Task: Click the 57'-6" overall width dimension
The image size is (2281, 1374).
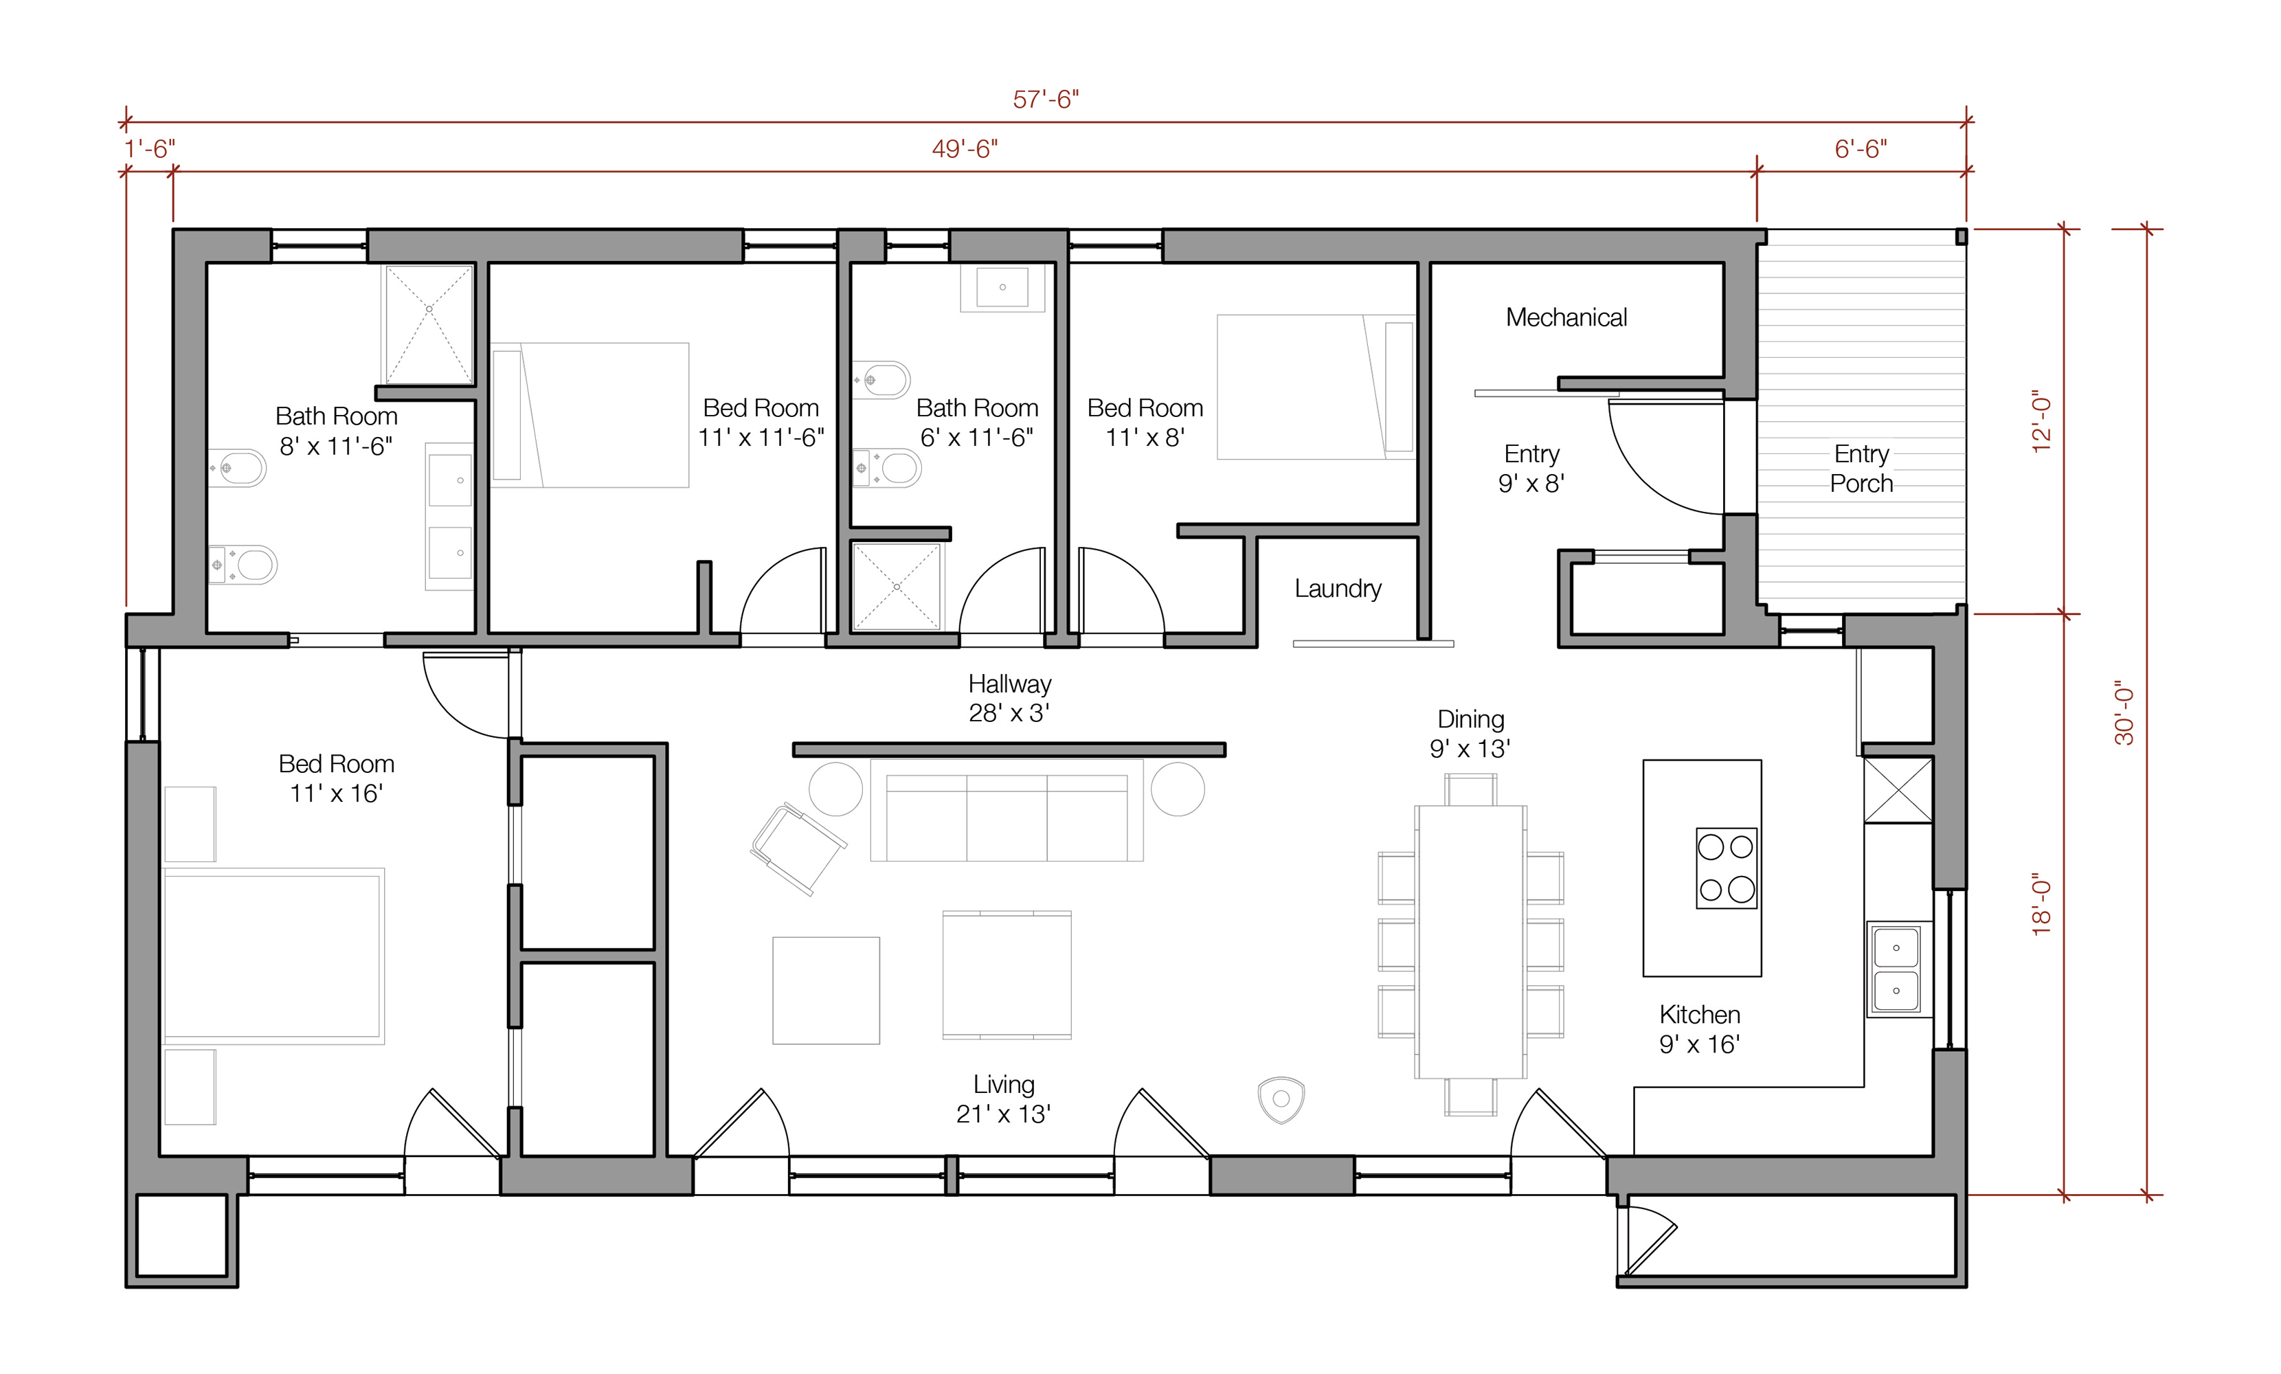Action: [x=1046, y=99]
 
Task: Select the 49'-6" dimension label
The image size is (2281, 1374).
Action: [x=965, y=149]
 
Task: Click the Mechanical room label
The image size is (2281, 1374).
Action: [x=1566, y=317]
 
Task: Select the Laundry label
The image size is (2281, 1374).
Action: [x=1338, y=589]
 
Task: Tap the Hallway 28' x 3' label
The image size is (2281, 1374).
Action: [x=1009, y=698]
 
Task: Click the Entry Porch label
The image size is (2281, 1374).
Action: [x=1862, y=469]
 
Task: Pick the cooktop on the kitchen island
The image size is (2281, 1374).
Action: [x=1727, y=868]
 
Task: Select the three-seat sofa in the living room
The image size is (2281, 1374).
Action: [x=1007, y=811]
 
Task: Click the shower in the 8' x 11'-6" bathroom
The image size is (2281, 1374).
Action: [x=429, y=324]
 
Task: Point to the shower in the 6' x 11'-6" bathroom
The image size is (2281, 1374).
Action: [x=896, y=587]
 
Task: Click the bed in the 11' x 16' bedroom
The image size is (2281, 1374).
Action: [x=273, y=956]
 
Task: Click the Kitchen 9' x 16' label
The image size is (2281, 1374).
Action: [x=1700, y=1028]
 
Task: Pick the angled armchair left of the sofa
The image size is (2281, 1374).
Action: [x=798, y=848]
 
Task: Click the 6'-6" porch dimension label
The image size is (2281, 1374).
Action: [x=1861, y=149]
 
